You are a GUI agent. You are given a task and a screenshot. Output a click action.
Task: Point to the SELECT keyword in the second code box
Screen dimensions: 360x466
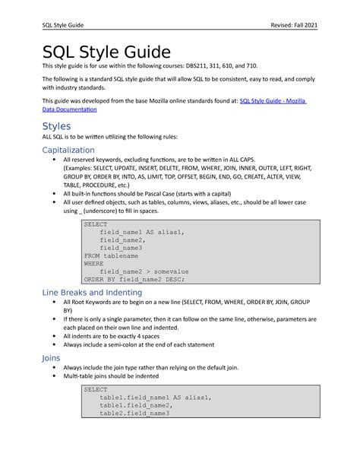coord(96,389)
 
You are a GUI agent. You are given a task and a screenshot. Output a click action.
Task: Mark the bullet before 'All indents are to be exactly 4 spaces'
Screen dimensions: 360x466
coord(52,335)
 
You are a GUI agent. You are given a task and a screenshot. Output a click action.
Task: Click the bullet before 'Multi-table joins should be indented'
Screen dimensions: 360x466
coord(52,376)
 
